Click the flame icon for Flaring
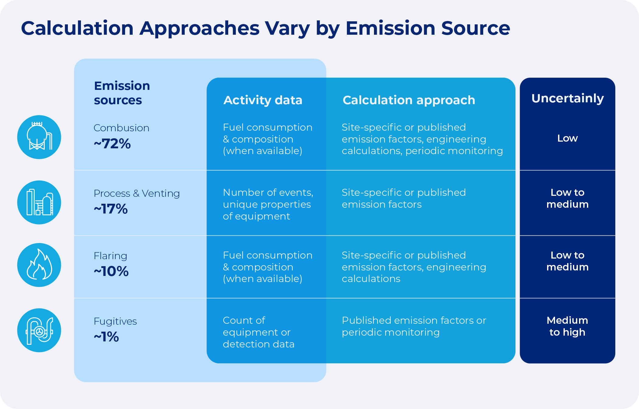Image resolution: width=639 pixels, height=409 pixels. coord(39,265)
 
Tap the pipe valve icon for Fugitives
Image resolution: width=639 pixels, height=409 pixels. coord(39,330)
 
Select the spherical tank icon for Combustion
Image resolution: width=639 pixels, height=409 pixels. coord(39,137)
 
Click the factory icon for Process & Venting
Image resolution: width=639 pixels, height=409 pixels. coord(39,203)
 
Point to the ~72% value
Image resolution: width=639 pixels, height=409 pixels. coord(112,144)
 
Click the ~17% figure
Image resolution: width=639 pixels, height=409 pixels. coord(111,209)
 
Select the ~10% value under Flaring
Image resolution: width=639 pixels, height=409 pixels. coord(111,271)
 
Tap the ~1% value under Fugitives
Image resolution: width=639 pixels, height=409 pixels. coord(106,337)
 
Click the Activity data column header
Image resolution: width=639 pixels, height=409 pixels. coord(263,100)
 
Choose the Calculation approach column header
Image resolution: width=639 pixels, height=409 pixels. coord(409,100)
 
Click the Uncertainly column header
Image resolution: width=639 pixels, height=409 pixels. coord(567,98)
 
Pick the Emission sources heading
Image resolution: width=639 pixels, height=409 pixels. coord(122,93)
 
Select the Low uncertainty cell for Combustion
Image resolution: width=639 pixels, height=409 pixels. coord(567,138)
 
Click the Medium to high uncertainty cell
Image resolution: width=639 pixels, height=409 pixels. coord(567,326)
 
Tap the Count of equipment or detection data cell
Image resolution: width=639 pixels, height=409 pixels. coord(258,332)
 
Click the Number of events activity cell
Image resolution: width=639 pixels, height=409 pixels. coord(268,204)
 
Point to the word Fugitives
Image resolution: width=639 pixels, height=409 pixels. coord(115,321)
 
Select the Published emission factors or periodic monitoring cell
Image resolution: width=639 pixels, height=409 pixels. coord(414,326)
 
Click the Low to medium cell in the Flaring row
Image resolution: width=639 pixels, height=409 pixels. coord(567,261)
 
